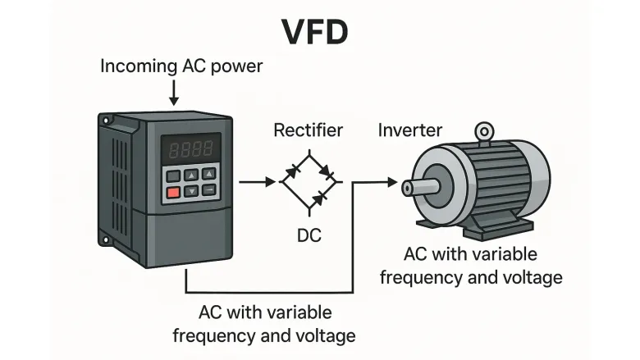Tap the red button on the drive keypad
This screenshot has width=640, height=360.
[172, 192]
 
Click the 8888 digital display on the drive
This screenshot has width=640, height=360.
[190, 149]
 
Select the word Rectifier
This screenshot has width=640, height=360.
[308, 130]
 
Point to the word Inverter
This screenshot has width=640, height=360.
[409, 130]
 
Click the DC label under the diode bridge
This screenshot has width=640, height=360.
[309, 236]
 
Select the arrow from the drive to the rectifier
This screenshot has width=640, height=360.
[256, 182]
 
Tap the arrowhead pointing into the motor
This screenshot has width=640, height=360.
[395, 182]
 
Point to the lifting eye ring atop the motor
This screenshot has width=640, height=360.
[485, 131]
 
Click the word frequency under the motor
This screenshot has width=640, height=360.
[418, 276]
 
